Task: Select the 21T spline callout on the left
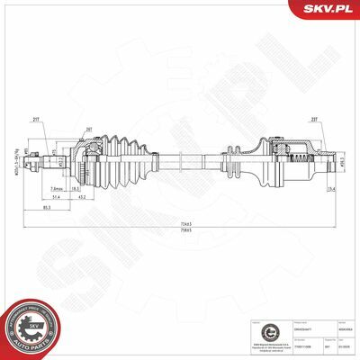pyautogui.click(x=36, y=119)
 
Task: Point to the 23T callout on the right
pyautogui.click(x=313, y=119)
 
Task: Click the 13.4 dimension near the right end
pyautogui.click(x=330, y=189)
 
